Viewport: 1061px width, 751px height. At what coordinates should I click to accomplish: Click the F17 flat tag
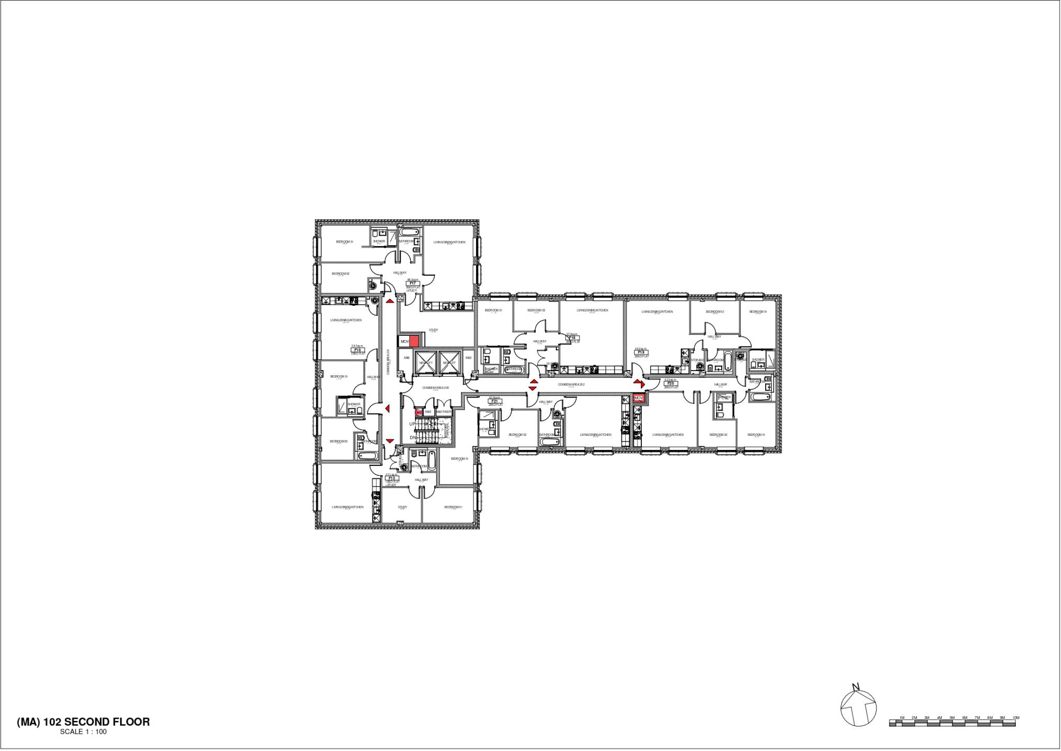(x=413, y=283)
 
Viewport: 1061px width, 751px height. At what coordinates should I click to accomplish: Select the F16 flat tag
(x=357, y=350)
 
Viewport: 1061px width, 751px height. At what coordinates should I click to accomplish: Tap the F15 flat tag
(x=392, y=478)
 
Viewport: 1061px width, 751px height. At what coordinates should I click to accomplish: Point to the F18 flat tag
(x=572, y=337)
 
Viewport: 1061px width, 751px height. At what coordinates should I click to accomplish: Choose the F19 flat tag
(x=640, y=352)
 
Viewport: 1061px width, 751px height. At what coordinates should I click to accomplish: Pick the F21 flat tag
(x=494, y=401)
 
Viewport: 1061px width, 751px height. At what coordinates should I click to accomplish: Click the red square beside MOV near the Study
(x=414, y=342)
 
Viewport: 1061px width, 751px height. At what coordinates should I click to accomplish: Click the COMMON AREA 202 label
(x=571, y=385)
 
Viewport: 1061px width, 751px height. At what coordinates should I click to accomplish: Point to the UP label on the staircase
(x=412, y=424)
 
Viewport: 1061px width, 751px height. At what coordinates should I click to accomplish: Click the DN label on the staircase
(x=413, y=437)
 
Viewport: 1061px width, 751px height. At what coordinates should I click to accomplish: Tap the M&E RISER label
(x=443, y=412)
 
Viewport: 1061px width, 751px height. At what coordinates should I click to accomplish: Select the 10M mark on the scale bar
(x=1015, y=718)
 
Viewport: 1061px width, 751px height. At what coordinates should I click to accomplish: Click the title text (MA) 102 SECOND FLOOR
(x=83, y=721)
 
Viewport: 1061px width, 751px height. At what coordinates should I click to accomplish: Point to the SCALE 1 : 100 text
(x=83, y=732)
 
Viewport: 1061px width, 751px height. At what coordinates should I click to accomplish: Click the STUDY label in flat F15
(x=403, y=507)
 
